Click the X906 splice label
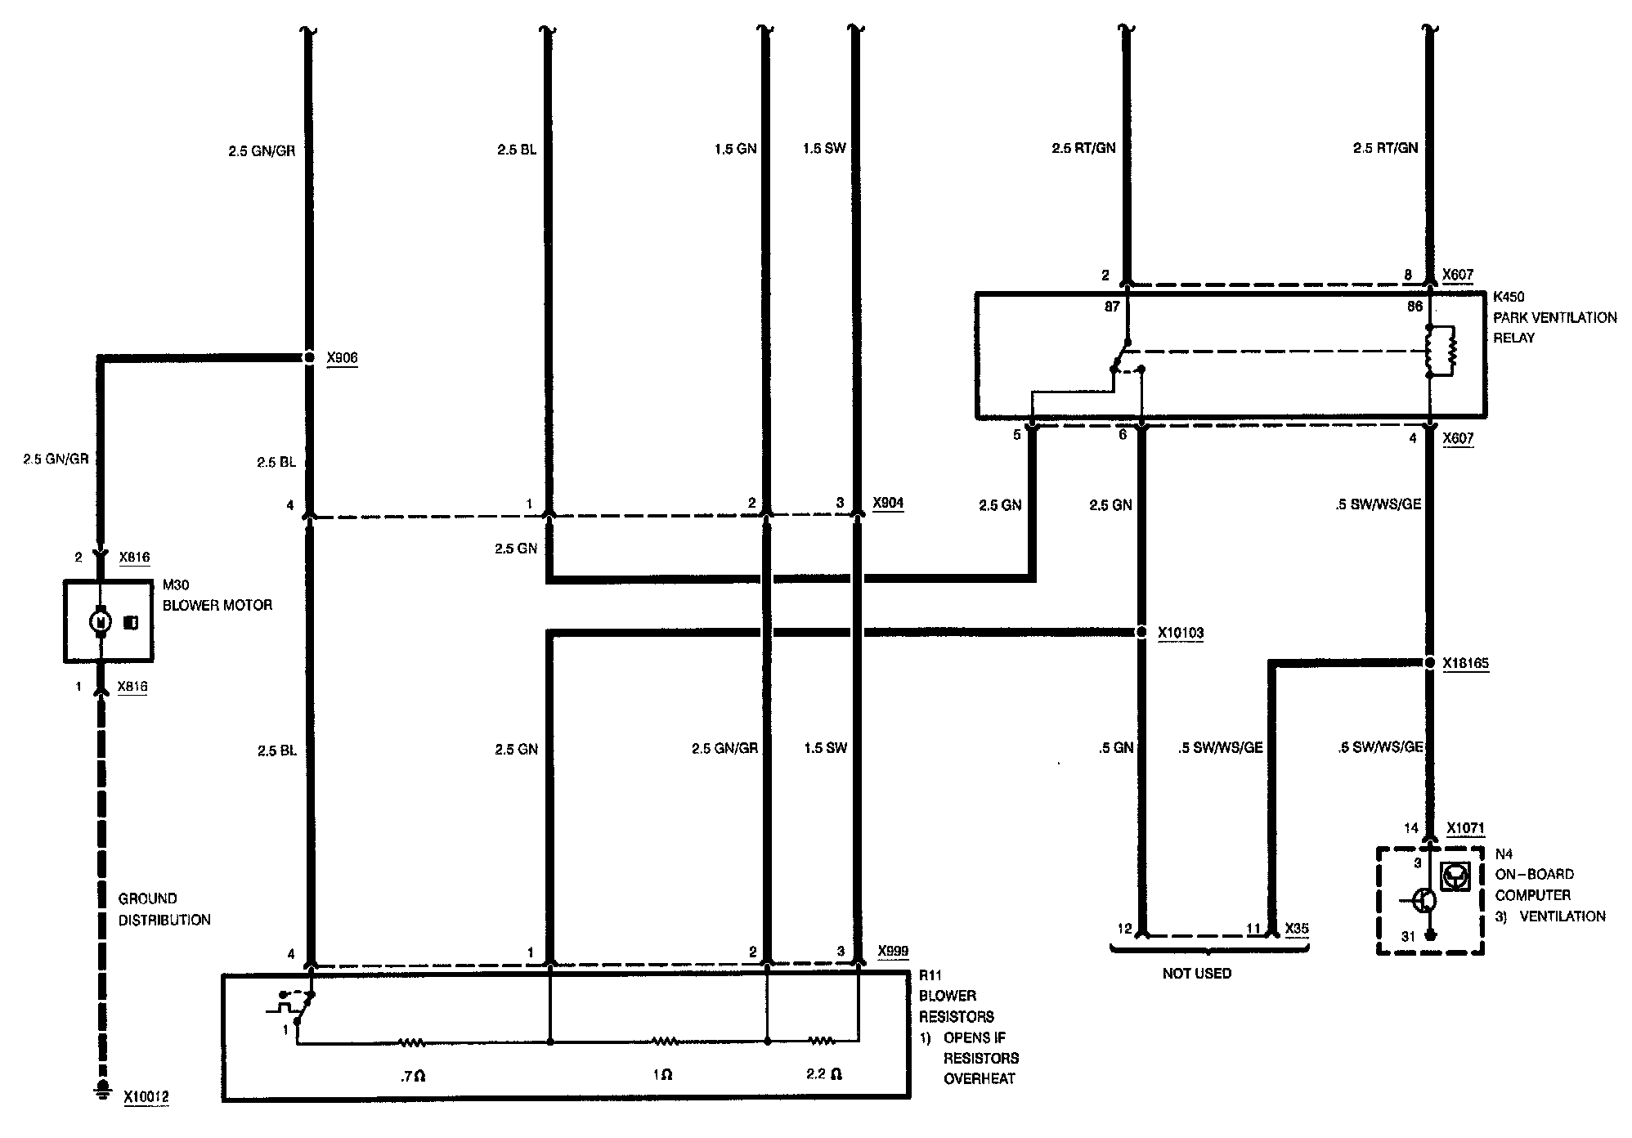pos(342,358)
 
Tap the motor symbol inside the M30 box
pos(101,622)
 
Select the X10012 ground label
pos(146,1097)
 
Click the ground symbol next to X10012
pos(102,1088)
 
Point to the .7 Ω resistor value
pos(414,1076)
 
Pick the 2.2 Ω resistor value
pos(823,1074)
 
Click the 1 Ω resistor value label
pos(662,1076)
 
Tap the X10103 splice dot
pos(1141,632)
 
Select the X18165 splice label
pos(1465,664)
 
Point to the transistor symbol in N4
pos(1425,901)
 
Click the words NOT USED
pos(1196,974)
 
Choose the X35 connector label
pos(1297,929)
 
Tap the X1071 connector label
pos(1465,828)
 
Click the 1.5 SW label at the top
pos(824,148)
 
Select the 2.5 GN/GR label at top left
pos(262,150)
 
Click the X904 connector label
pos(888,503)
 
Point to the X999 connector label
pos(893,952)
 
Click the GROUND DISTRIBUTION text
pos(164,909)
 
